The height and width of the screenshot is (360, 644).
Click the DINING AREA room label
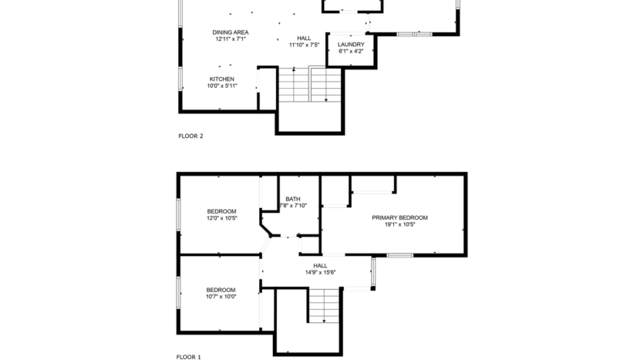[231, 32]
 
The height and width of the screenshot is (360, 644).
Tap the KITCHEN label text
[221, 79]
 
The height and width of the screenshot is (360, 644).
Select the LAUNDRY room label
[351, 45]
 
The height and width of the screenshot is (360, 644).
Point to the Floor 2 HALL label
[304, 38]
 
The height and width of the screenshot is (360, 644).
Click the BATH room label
[292, 198]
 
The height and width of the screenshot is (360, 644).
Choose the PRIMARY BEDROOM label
[400, 217]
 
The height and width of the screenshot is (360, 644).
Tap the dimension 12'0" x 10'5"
[221, 218]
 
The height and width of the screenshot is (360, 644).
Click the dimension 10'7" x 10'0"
[221, 297]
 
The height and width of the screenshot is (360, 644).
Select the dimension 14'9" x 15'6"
[320, 272]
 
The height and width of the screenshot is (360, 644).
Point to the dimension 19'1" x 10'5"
[400, 224]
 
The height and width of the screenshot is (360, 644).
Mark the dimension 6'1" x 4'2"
[351, 52]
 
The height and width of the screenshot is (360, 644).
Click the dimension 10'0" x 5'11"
[221, 86]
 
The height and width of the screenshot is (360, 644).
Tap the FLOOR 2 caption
[191, 136]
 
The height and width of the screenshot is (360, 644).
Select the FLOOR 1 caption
[189, 357]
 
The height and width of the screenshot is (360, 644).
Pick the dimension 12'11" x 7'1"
[231, 39]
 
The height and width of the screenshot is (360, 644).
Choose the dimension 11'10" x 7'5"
[304, 45]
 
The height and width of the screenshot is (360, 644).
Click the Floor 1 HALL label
[320, 265]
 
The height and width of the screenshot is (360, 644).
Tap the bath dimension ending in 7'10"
[293, 205]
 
